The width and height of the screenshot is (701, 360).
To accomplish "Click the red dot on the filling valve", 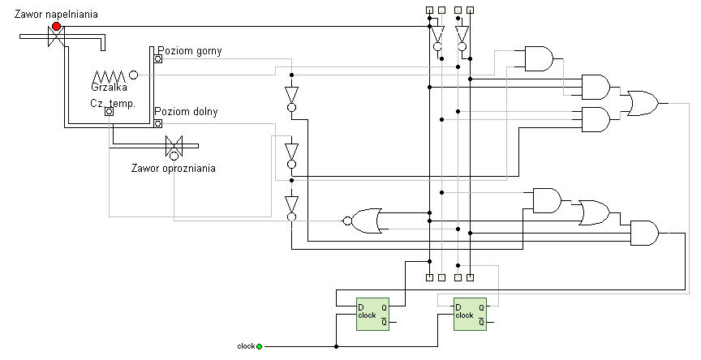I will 56,27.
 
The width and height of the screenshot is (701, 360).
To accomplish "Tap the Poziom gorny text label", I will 189,51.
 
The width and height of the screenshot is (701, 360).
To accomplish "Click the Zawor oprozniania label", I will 174,169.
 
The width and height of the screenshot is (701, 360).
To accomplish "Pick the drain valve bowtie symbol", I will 173,147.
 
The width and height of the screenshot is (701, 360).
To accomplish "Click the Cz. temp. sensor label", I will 112,103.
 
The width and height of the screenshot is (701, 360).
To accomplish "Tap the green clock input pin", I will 259,346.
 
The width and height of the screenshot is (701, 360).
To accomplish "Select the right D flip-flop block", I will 470,315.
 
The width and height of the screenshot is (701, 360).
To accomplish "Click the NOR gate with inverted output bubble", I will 366,219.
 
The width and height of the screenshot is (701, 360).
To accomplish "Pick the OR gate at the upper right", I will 642,103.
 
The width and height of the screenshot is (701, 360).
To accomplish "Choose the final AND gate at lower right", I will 645,234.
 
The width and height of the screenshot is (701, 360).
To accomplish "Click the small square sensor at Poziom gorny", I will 158,59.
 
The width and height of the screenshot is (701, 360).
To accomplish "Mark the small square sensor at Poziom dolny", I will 158,122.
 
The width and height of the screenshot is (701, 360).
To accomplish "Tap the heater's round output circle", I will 133,75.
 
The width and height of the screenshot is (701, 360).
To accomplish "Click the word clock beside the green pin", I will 246,346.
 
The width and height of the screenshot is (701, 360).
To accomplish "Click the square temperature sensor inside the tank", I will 108,111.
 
